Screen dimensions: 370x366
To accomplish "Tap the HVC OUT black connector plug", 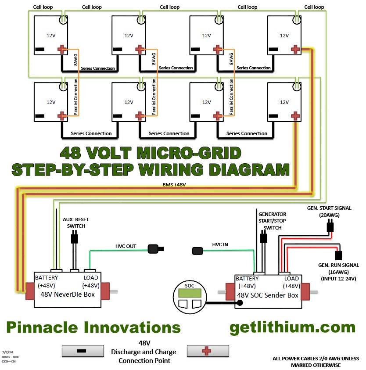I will pos(154,249).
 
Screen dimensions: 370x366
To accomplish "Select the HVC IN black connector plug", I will pos(198,251).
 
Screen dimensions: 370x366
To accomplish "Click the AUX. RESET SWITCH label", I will pos(76,223).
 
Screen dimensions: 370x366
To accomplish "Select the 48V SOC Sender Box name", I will pos(268,295).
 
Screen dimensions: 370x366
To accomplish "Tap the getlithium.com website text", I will pos(292,327).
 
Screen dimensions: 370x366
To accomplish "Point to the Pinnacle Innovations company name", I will pos(93,327).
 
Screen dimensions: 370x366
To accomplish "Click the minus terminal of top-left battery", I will pos(40,49).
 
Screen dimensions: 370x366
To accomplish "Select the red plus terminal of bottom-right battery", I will pos(296,115).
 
